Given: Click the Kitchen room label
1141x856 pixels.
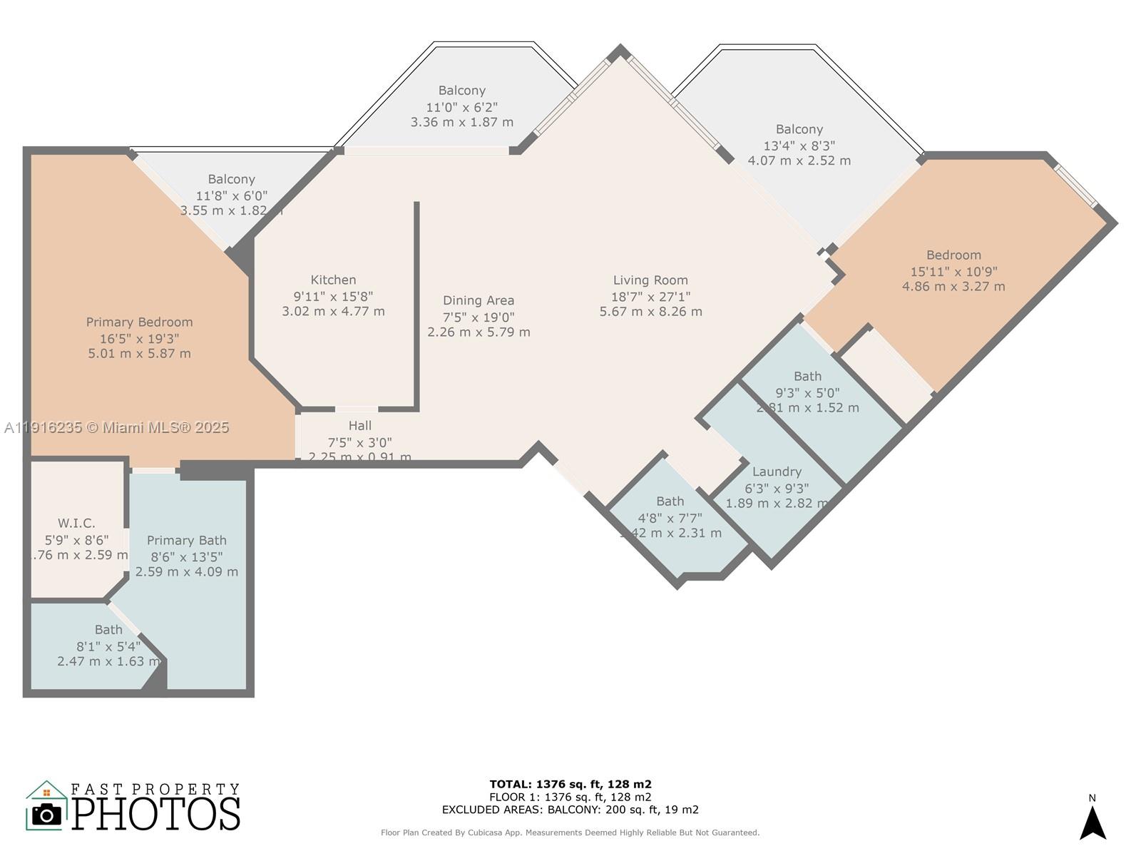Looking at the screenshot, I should [x=333, y=280].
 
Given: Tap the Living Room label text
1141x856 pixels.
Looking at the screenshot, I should [x=650, y=280].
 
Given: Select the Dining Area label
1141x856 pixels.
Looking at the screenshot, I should [x=479, y=301].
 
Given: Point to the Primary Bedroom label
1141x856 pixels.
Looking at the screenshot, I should [x=140, y=322].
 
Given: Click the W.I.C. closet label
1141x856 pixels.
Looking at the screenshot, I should [x=76, y=524].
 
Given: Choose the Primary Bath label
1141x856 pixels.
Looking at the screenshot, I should [x=187, y=541].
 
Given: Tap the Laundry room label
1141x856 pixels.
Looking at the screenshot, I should [x=777, y=472].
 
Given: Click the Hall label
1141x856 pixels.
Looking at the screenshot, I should [x=360, y=426].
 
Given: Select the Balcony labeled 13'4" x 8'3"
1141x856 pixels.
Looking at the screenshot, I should [x=799, y=130].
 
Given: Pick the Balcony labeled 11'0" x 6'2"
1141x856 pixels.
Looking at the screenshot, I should [x=462, y=91].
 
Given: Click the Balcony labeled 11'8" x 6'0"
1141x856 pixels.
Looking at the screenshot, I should [x=232, y=180].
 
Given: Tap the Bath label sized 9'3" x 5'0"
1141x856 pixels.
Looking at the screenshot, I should [x=807, y=377].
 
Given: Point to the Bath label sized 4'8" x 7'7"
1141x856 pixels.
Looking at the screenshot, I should [x=670, y=501].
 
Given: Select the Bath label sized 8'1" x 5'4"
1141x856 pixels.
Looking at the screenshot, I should [x=108, y=630].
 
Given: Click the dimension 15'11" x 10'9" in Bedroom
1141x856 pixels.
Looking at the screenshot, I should [x=953, y=271].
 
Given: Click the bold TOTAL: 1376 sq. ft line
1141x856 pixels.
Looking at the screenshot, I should [x=570, y=784].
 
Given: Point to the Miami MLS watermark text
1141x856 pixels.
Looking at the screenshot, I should [x=117, y=427].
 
